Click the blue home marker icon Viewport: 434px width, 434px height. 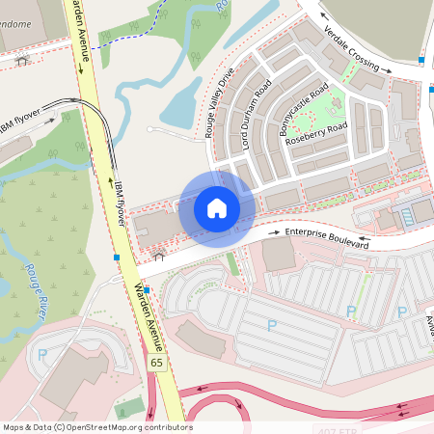217,207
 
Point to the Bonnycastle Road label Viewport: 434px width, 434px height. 304,114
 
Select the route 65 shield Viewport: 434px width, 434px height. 156,362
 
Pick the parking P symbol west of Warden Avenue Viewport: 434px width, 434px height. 41,354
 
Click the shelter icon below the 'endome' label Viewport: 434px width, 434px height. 21,60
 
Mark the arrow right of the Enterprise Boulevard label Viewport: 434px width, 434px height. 365,240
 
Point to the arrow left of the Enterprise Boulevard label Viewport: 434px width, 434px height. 263,232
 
